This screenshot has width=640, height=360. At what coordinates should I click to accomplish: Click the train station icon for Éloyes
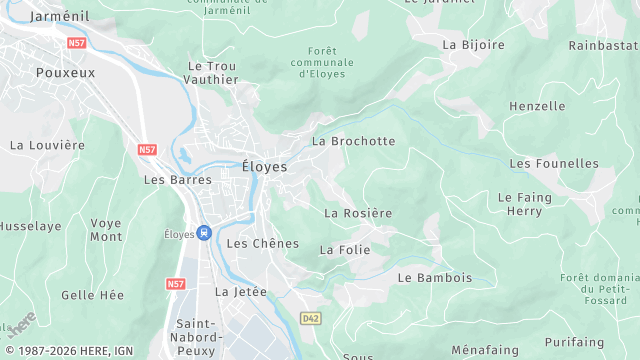[204, 233]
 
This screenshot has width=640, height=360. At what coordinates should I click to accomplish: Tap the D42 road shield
[311, 318]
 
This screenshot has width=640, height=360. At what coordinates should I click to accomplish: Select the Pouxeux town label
[66, 73]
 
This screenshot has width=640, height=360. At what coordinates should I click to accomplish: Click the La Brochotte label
[354, 141]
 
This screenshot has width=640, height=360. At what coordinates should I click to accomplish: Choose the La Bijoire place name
[473, 44]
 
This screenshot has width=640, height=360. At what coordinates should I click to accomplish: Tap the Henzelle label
[537, 106]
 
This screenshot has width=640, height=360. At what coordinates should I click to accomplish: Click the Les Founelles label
[554, 163]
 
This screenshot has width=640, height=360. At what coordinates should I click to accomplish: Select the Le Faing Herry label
[524, 204]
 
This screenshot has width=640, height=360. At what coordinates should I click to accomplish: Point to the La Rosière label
[358, 213]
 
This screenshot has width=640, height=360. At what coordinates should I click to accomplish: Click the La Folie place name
[344, 249]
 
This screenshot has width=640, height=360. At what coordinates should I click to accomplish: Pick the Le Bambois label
[435, 277]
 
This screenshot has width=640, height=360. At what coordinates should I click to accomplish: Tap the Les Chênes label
[263, 243]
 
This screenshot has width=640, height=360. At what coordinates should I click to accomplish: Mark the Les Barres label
[178, 180]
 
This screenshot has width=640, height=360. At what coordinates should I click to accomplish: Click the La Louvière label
[47, 145]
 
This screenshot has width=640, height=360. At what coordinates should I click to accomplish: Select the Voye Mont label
[106, 230]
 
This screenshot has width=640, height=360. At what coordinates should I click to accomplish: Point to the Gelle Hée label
[92, 295]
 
